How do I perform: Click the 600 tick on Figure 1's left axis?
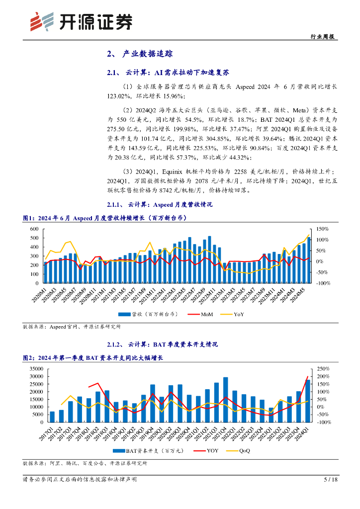(34, 229)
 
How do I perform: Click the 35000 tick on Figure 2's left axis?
(37, 369)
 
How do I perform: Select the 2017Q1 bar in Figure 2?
(52, 417)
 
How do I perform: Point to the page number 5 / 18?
(330, 480)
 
